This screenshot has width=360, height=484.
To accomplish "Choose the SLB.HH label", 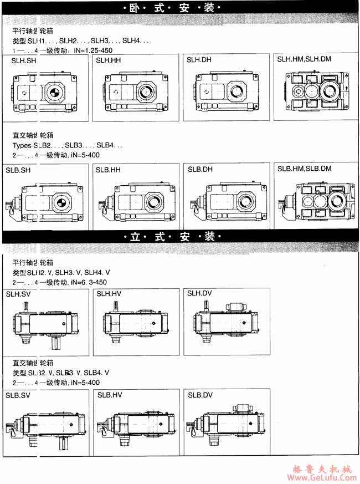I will pyautogui.click(x=108, y=170).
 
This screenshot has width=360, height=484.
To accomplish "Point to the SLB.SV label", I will pyautogui.click(x=18, y=395).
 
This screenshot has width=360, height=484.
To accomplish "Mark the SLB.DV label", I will pyautogui.click(x=200, y=395).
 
